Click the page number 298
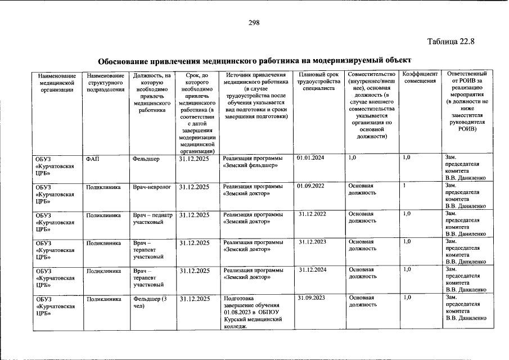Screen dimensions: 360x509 tap(254, 22)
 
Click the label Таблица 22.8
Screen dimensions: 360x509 tap(451, 42)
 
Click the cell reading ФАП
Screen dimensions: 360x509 tap(93, 159)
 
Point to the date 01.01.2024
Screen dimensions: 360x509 tap(310, 159)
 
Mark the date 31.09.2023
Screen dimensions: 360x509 tap(312, 297)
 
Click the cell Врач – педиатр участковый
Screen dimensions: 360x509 tap(152, 218)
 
